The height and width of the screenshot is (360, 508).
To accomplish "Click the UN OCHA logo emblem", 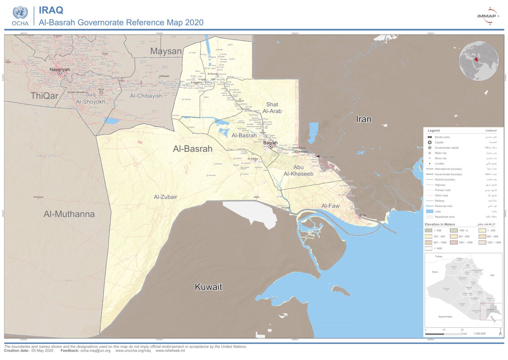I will (20, 13).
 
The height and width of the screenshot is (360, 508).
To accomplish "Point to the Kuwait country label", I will (208, 287).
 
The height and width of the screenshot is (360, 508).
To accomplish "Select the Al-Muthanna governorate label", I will (69, 214).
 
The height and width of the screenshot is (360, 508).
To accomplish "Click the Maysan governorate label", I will (166, 51).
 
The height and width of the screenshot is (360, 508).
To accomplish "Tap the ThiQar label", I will (44, 96).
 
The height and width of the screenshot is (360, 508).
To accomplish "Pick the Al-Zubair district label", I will (165, 197).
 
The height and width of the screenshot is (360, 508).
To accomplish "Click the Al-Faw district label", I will (330, 206).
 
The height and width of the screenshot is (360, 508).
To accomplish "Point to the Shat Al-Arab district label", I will (272, 108).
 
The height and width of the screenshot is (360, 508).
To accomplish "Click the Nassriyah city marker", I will (60, 73).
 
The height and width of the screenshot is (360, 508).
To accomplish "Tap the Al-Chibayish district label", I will (146, 96).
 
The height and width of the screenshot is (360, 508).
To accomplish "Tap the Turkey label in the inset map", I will (438, 257).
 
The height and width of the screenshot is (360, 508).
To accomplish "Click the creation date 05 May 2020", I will (42, 351).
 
